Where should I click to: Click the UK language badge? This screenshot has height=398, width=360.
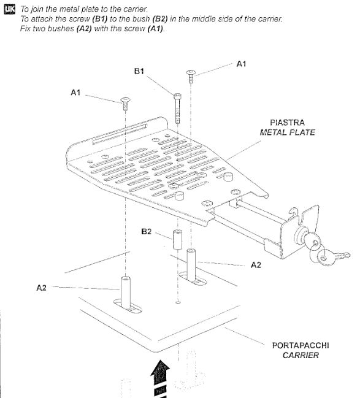(10, 10)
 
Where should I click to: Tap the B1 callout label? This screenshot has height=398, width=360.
(139, 71)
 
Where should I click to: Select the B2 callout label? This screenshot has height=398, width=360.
(146, 231)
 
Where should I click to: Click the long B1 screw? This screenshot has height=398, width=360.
(177, 108)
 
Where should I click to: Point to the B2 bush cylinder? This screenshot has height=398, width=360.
(177, 239)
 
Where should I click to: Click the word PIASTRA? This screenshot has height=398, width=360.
(287, 123)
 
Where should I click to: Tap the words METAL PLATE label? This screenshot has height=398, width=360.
(288, 132)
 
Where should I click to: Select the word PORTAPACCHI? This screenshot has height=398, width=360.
(301, 345)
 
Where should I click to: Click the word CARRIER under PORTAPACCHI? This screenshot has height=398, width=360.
(301, 355)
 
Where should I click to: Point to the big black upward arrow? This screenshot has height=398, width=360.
(160, 378)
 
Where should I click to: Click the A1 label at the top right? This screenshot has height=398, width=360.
(241, 64)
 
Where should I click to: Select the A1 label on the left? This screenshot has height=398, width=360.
(75, 93)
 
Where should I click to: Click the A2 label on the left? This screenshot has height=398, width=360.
(41, 288)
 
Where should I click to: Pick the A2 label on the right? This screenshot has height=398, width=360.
(256, 265)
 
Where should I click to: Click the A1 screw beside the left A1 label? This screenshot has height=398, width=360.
(125, 104)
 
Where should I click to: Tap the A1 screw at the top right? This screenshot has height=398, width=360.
(191, 77)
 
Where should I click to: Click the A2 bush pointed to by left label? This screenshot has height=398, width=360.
(126, 292)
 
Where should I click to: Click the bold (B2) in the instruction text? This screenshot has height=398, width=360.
(160, 19)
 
